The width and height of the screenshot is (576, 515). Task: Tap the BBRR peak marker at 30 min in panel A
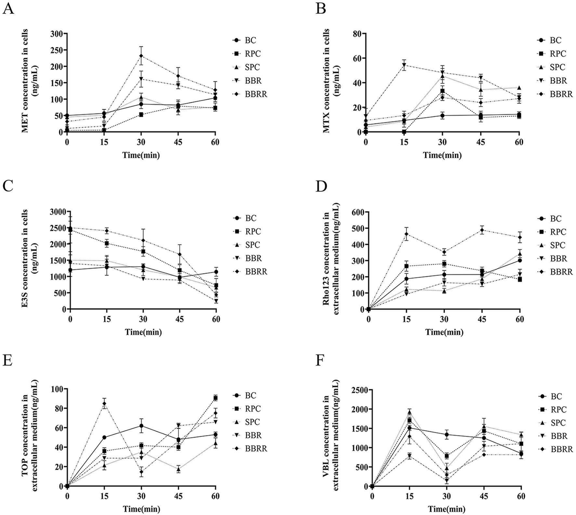coord(141,56)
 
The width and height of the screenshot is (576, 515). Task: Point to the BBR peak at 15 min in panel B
coord(404,65)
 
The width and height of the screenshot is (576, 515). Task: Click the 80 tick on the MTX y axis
coord(359,34)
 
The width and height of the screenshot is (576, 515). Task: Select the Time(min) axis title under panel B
coord(442,155)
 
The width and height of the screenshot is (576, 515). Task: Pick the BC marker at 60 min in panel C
coord(216,272)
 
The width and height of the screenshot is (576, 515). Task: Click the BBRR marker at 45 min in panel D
coord(482,230)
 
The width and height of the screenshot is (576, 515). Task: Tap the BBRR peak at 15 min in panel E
coord(104,404)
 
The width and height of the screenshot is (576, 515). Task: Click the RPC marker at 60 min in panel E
coord(215,398)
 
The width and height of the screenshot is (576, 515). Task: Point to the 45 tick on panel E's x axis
coord(178,496)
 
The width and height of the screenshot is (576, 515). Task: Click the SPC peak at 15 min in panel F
coord(410,412)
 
